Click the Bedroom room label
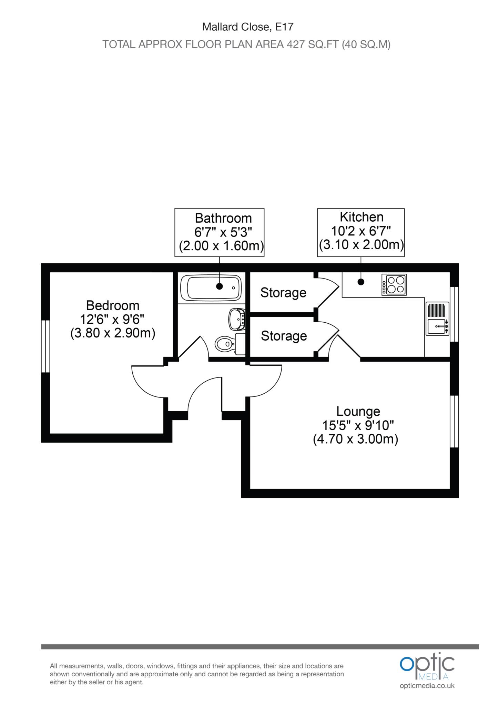coord(113,305)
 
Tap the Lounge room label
coord(358,411)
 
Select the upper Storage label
coord(283,293)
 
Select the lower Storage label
coord(284,336)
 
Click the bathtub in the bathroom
coord(211,287)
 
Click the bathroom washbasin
coord(237,319)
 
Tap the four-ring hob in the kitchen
coord(394,284)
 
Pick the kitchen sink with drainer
coord(437,318)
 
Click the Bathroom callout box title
coord(223,218)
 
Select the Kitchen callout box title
coord(361,217)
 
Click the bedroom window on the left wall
coord(45,346)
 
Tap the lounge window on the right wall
coord(454,421)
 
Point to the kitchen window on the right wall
coord(454,314)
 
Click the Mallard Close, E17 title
coord(247,27)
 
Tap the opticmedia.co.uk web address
coord(427,686)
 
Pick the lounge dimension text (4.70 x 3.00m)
coord(355,440)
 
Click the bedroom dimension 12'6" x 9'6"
coord(112,320)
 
